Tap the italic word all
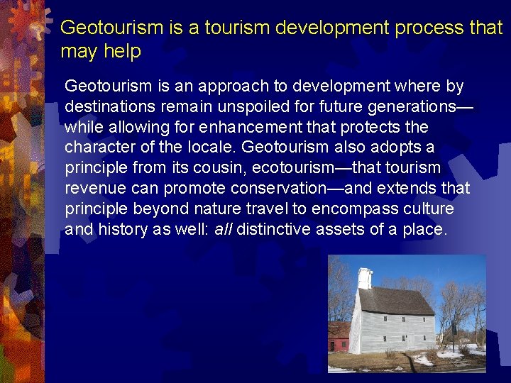224,231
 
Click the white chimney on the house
365,277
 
